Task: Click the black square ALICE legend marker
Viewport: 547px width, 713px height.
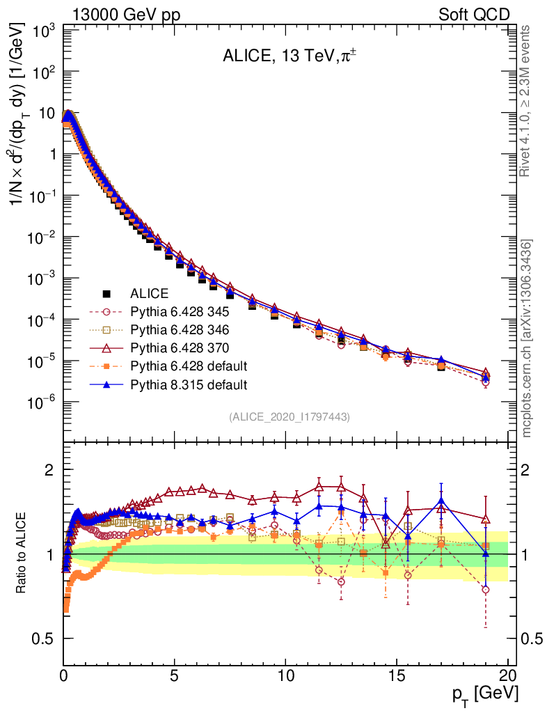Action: coord(106,294)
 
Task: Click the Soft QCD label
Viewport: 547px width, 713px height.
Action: coord(474,15)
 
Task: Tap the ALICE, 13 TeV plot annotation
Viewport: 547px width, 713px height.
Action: coord(285,56)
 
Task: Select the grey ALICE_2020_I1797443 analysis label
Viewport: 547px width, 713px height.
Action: coord(289,416)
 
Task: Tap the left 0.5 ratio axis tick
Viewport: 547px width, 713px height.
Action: coord(44,638)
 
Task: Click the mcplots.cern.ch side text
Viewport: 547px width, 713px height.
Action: coord(528,339)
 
